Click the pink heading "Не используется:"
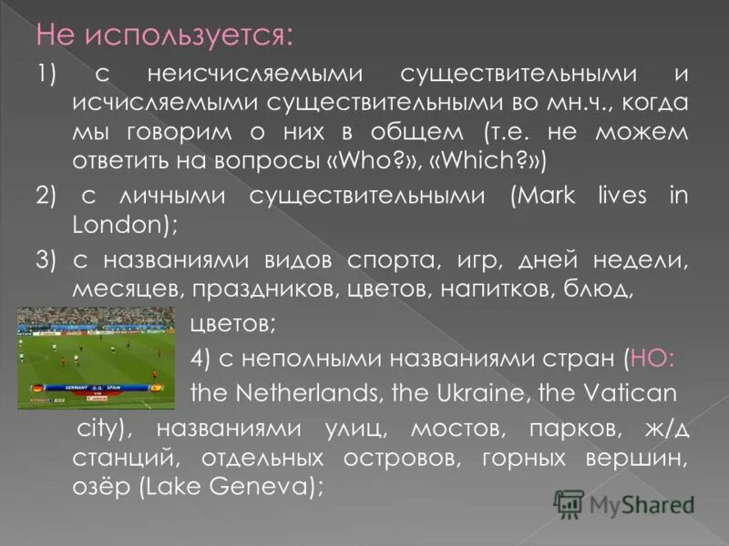click(165, 36)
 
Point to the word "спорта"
click(389, 262)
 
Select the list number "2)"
click(46, 197)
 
